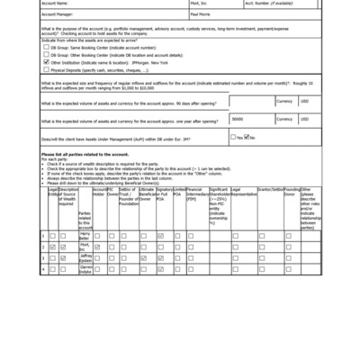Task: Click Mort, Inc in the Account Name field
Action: click(197, 4)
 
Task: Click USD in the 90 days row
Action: click(304, 102)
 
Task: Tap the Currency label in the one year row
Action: click(284, 118)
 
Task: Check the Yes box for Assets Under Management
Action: click(233, 137)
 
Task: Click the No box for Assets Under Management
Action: click(246, 137)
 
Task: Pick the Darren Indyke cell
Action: click(85, 268)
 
